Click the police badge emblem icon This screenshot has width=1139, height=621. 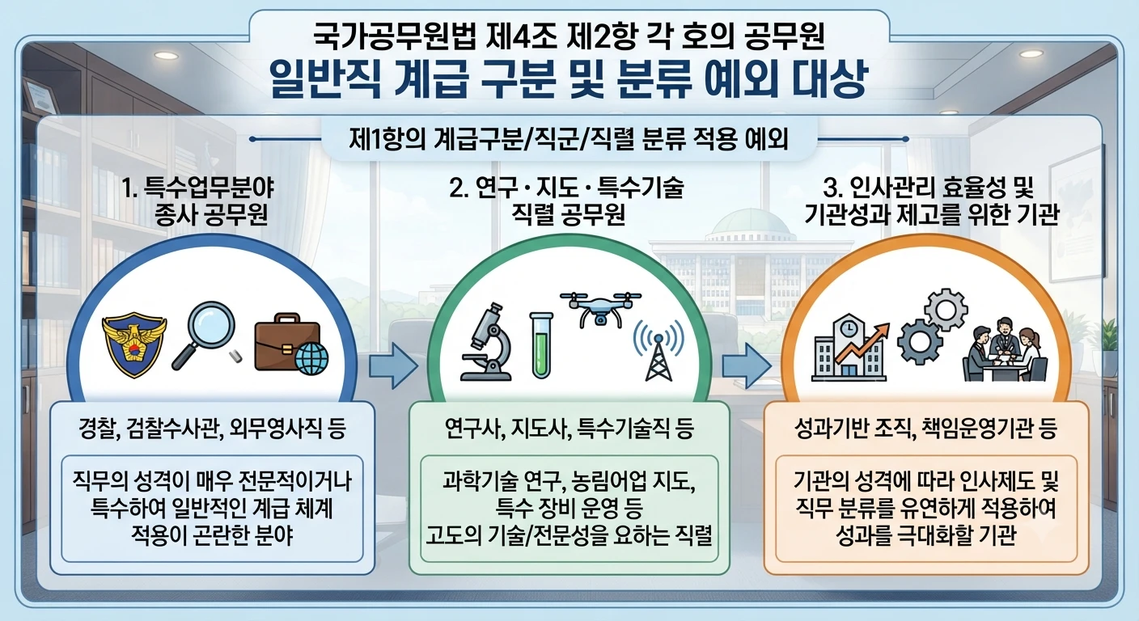134,344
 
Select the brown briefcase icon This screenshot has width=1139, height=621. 288,341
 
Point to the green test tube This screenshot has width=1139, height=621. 541,345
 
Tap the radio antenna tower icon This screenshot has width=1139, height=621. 658,351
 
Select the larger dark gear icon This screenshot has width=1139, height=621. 919,341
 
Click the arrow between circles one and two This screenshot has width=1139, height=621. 393,365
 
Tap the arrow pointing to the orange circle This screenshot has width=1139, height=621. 747,365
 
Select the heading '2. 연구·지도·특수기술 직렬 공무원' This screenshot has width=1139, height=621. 566,201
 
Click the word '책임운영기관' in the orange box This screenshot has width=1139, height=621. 973,429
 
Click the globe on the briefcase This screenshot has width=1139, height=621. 311,357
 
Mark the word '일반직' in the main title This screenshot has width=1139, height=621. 324,80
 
